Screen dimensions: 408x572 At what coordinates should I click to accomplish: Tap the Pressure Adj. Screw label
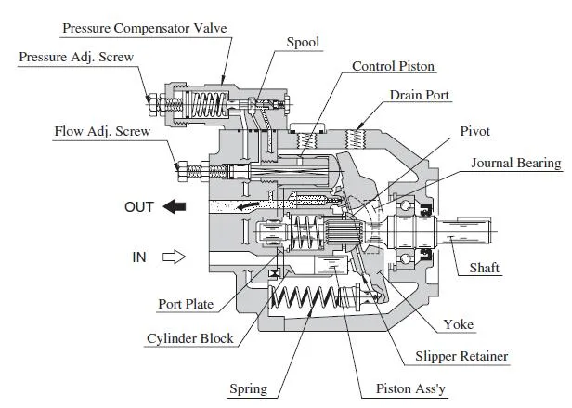click(76, 58)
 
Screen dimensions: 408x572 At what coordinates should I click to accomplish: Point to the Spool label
click(304, 42)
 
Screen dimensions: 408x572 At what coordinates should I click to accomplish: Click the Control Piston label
click(393, 67)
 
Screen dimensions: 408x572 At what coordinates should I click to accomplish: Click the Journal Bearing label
click(516, 164)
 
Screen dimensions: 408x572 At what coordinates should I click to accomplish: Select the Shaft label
click(484, 268)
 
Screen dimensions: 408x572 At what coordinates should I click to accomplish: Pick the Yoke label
click(459, 324)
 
